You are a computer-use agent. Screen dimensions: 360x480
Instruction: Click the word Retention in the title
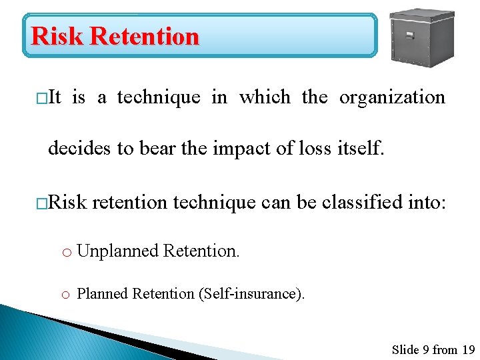tap(145, 36)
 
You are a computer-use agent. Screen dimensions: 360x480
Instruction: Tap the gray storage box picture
tap(421, 37)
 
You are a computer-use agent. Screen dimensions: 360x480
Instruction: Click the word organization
tap(392, 97)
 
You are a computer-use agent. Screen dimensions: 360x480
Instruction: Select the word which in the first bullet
tap(265, 97)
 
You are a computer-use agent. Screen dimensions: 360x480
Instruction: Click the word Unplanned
tap(118, 251)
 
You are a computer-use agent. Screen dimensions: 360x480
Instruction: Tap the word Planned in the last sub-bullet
tap(103, 294)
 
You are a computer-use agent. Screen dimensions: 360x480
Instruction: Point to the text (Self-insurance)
tap(252, 294)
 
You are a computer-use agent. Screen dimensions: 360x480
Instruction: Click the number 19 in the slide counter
tap(468, 349)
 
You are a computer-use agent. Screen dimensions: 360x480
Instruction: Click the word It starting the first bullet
tap(55, 97)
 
